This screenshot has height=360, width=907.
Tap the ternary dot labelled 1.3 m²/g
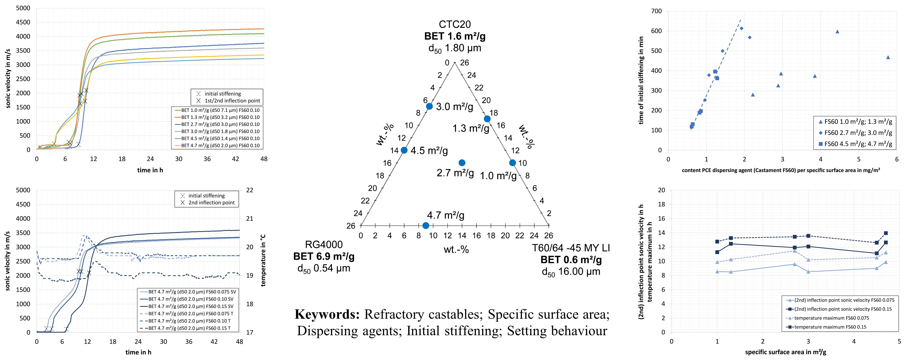point(487,119)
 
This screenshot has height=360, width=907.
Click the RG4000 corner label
point(324,244)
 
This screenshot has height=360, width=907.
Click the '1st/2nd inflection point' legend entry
point(232,101)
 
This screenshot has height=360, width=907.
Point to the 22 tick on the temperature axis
point(250,190)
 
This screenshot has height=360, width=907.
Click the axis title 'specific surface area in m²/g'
point(785,352)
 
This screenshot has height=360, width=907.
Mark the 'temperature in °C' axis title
point(263,261)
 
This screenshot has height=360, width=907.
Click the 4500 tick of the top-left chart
point(23,22)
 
